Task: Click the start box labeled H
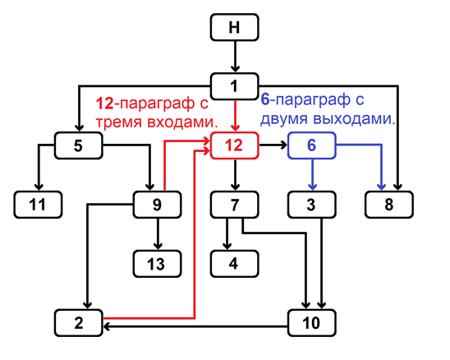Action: pos(235,27)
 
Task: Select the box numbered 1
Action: pos(235,86)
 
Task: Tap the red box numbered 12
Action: pos(235,145)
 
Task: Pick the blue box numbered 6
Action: pos(312,145)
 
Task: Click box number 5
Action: pos(78,145)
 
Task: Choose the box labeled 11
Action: pos(38,205)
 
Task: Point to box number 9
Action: pos(157,205)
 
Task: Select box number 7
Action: pos(235,205)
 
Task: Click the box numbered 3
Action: pos(312,205)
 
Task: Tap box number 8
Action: pos(389,205)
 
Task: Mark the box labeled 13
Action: pos(157,264)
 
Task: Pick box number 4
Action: pos(235,264)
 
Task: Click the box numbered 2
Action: pos(78,323)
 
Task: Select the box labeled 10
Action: pos(312,323)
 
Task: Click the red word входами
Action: pos(182,122)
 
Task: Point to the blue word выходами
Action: pos(355,119)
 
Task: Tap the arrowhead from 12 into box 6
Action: pos(283,145)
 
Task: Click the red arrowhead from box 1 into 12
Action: pos(236,127)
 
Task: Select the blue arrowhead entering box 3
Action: pos(313,187)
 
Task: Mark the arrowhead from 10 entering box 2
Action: pos(107,326)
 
